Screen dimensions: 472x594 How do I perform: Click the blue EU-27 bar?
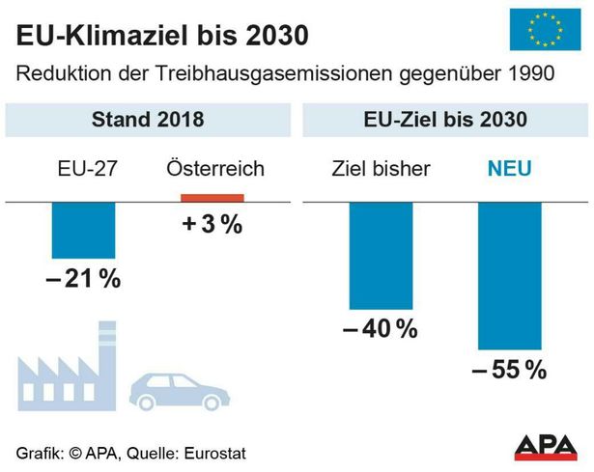83,231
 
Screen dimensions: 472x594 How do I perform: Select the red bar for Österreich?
212,198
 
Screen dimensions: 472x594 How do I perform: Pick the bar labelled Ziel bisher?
380,255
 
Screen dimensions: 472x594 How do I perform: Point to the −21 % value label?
83,279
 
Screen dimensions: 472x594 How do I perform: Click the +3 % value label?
212,225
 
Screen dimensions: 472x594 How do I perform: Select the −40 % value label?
380,329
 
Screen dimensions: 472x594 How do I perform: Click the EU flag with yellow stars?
539,30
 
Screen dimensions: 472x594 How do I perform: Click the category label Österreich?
212,170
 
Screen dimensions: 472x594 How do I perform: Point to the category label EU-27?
84,170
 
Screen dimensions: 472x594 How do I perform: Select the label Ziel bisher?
381,170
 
